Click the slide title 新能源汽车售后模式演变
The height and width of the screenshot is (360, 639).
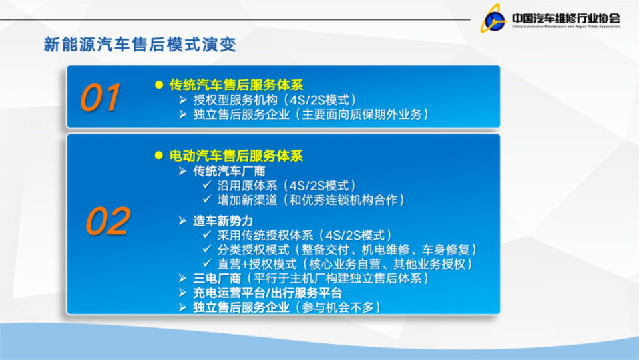pyautogui.click(x=140, y=45)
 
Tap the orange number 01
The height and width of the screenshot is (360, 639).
pyautogui.click(x=101, y=98)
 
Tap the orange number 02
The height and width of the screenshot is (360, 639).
pyautogui.click(x=108, y=222)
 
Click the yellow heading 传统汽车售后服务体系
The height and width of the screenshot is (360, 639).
pyautogui.click(x=236, y=85)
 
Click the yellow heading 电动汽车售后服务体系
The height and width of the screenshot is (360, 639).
pyautogui.click(x=236, y=156)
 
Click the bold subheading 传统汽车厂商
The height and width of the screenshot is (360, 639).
pyautogui.click(x=220, y=171)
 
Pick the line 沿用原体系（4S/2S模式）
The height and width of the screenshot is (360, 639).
pyautogui.click(x=286, y=186)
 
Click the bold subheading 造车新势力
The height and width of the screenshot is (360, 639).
pyautogui.click(x=223, y=220)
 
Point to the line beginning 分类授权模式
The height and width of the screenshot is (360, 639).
pyautogui.click(x=347, y=250)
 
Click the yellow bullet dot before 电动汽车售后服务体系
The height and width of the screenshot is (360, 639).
pyautogui.click(x=158, y=156)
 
